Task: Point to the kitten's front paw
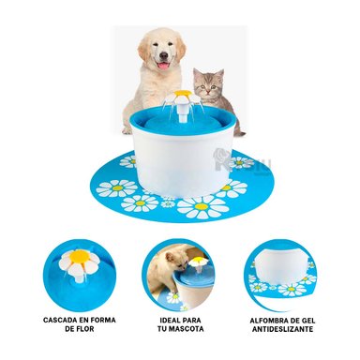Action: click(236, 128)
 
